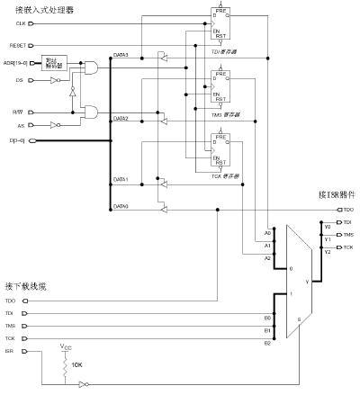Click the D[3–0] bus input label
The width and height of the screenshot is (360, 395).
[16, 141]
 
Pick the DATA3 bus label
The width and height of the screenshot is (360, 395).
[121, 56]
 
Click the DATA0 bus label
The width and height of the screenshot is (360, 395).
[121, 206]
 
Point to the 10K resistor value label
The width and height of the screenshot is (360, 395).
[78, 364]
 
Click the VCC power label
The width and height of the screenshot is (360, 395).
[66, 346]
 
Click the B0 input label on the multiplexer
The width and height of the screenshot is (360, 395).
[267, 317]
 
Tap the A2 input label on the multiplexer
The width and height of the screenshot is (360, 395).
[267, 257]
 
